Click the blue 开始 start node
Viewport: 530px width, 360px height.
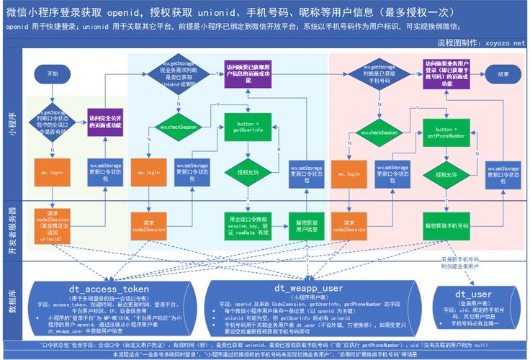pyautogui.click(x=52, y=73)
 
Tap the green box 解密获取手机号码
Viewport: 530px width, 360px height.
pyautogui.click(x=446, y=225)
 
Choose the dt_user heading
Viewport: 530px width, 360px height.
pyautogui.click(x=472, y=294)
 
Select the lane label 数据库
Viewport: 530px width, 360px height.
pyautogui.click(x=12, y=299)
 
